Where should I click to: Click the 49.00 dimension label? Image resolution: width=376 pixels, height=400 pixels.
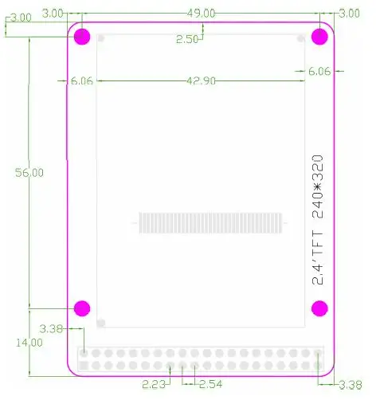(x=201, y=14)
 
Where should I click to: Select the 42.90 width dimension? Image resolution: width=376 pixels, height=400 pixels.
(x=201, y=80)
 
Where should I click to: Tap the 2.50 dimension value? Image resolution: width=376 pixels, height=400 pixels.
(x=187, y=39)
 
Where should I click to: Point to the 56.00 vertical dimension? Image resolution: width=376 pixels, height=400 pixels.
(x=29, y=173)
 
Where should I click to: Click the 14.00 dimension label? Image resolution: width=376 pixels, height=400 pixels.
(x=29, y=343)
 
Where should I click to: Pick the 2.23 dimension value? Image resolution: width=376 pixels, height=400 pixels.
(x=153, y=384)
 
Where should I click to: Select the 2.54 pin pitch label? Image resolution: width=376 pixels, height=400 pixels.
(x=210, y=384)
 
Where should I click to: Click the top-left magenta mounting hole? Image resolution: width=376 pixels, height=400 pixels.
(x=82, y=37)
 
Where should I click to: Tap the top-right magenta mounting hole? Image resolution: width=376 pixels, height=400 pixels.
(x=319, y=37)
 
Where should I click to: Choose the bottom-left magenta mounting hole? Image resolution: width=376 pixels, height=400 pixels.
(x=82, y=308)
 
